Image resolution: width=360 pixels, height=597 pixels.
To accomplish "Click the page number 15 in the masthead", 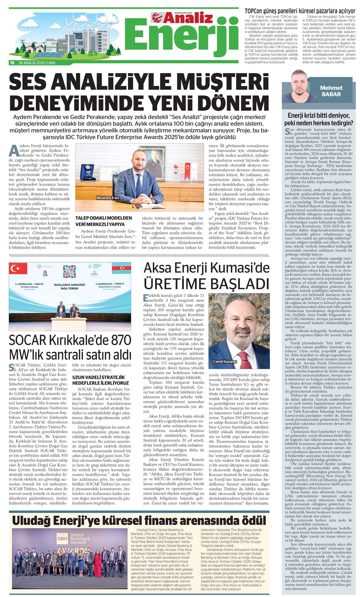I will [12, 63].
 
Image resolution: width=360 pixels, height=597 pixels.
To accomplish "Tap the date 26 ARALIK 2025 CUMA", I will [37, 63].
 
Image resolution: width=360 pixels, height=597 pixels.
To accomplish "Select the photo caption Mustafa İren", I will [107, 198].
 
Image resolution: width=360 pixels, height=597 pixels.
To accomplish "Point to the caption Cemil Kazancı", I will [225, 362].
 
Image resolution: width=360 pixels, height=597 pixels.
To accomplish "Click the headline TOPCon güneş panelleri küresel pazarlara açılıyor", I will [300, 11].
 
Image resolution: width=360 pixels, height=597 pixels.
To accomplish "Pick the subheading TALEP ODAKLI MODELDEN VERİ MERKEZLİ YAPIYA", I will [104, 221].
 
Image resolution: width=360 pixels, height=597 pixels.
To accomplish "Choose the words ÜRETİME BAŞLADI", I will [206, 284].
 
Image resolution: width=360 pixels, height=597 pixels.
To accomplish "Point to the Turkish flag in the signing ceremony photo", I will [19, 268].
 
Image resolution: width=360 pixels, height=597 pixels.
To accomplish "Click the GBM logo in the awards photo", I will [63, 539].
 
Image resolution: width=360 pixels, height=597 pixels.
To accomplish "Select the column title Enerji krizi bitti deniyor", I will [318, 115].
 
